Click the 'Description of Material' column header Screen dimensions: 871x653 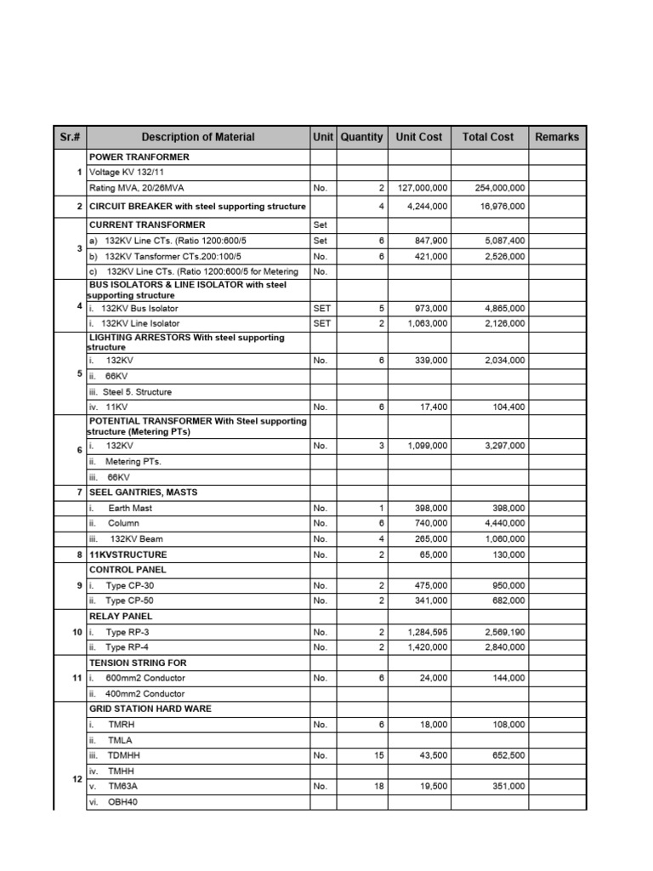pos(197,137)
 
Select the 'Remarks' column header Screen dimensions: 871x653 pos(557,137)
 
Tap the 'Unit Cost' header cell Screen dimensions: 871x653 pos(419,137)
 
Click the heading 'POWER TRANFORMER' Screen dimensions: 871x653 pos(139,157)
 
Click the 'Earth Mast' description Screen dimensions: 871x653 pos(130,508)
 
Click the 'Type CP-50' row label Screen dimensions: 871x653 pos(129,601)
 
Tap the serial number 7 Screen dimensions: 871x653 pos(79,492)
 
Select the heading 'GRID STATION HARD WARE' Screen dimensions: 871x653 pos(150,709)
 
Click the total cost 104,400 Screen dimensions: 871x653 pos(508,407)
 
